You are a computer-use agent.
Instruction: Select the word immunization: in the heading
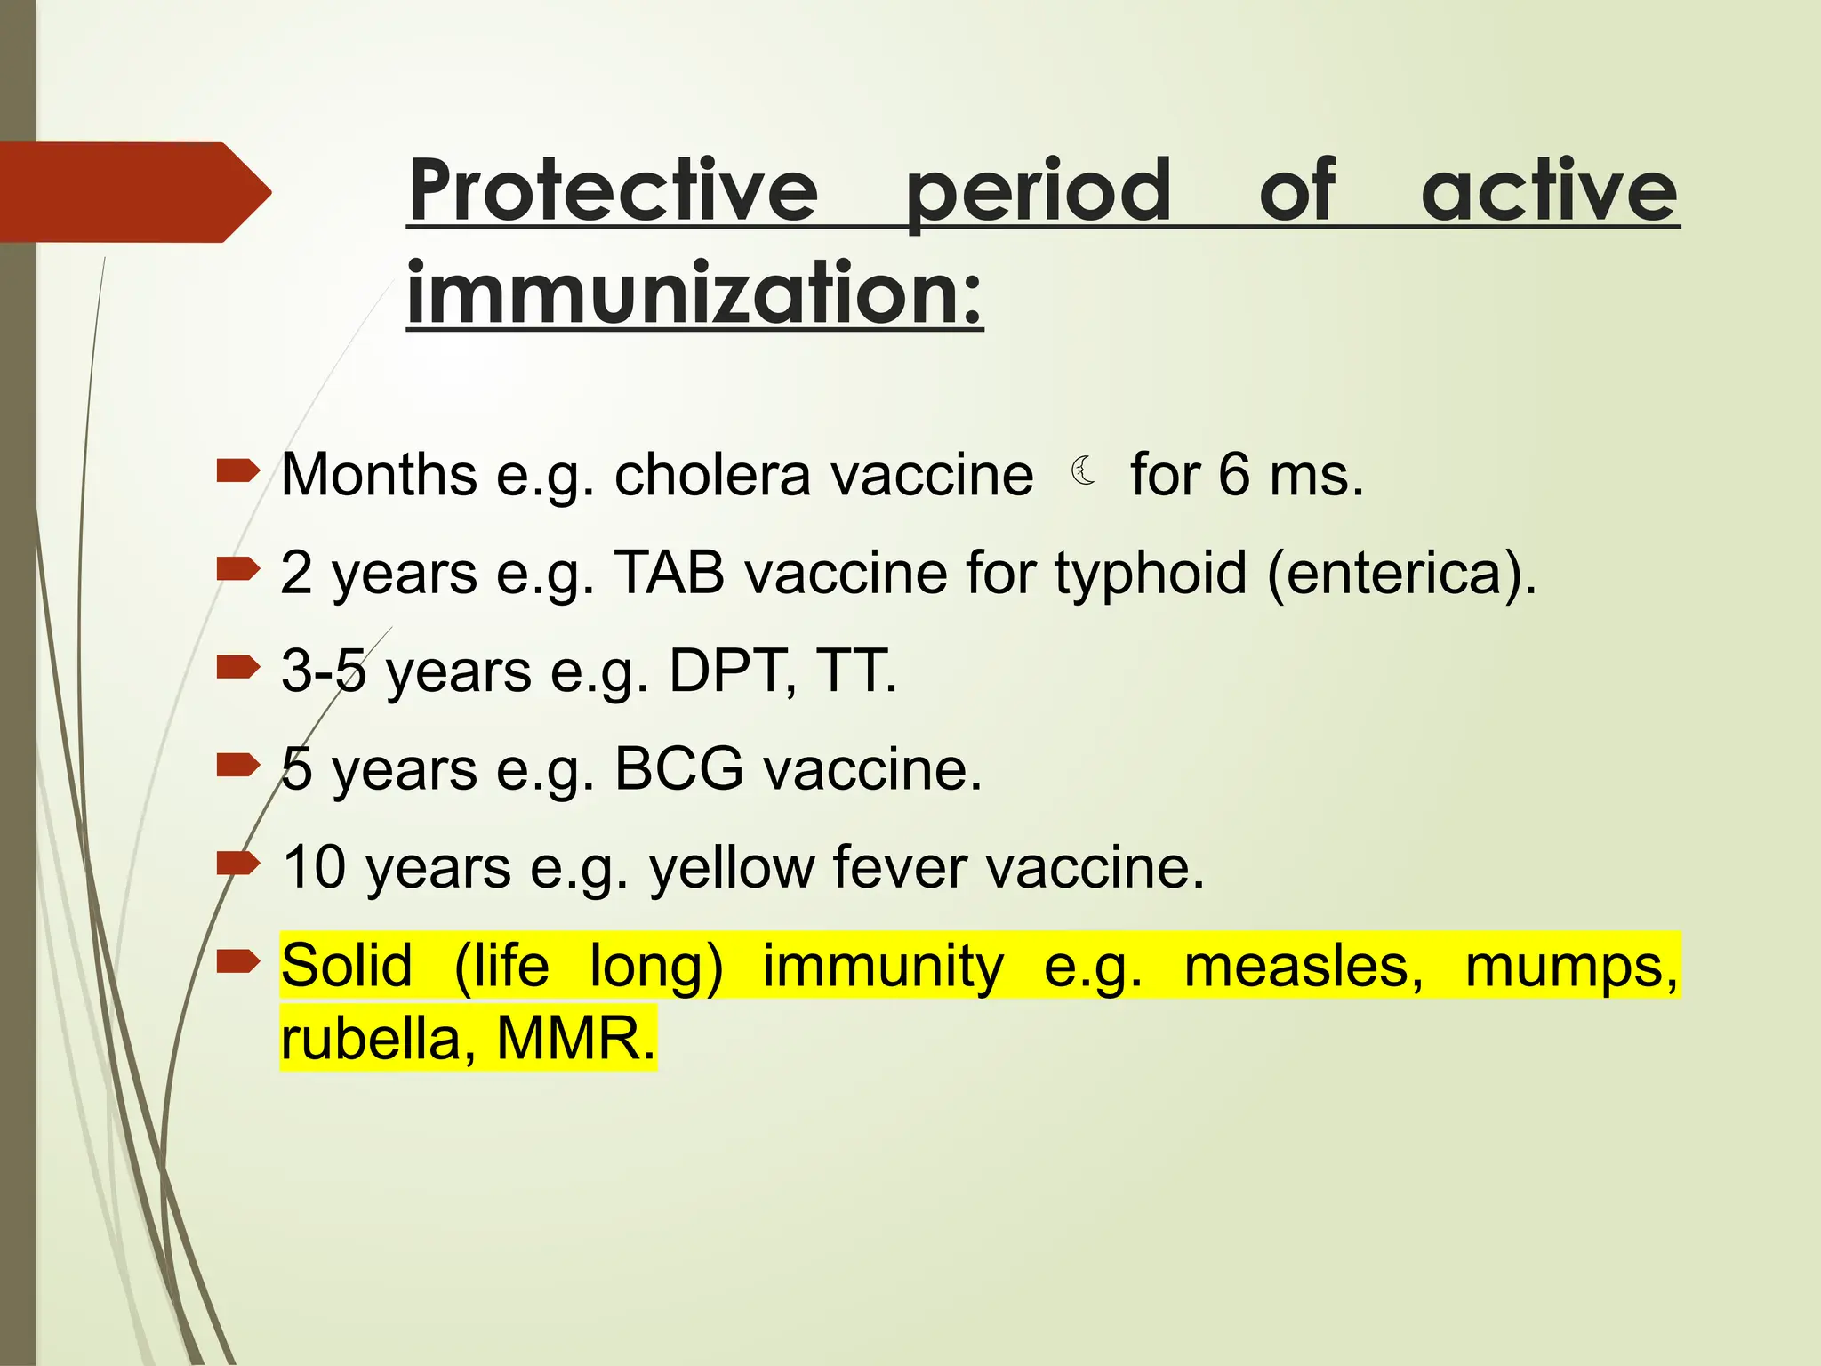694,293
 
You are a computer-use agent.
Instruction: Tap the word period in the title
1038,192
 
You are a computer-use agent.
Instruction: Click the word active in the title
1549,190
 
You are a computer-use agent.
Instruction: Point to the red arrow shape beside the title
133,192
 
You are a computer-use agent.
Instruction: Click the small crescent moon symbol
1083,470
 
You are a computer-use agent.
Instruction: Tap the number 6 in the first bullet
1234,475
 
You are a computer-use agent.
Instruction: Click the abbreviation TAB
669,573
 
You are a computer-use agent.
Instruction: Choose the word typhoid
1151,575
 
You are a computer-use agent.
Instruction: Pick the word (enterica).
1401,575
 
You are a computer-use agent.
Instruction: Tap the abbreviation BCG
678,769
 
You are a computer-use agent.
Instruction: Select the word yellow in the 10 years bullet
731,868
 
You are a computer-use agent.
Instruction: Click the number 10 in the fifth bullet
314,867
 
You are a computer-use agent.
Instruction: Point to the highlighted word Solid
347,966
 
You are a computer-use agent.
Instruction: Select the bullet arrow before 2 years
237,568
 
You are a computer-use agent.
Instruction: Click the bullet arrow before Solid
237,960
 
